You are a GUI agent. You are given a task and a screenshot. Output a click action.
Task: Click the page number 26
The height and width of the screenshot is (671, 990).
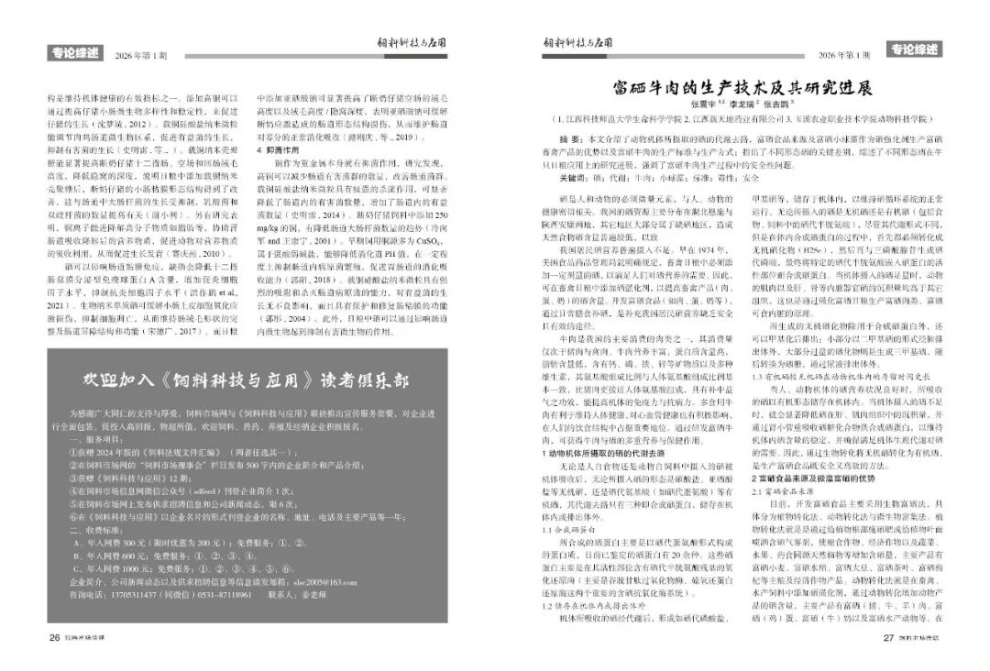(54, 638)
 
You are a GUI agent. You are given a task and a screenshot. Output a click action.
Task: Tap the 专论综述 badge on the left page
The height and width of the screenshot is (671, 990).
(75, 53)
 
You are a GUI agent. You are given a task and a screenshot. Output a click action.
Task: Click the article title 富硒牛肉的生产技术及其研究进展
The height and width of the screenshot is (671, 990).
(742, 88)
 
